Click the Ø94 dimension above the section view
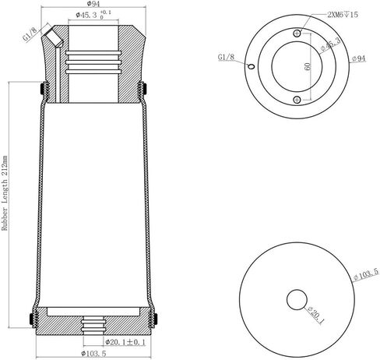[x=93, y=4]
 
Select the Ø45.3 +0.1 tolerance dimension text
[x=93, y=15]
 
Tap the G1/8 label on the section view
[x=30, y=34]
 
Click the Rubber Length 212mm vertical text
[x=5, y=193]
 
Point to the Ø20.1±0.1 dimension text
[x=125, y=342]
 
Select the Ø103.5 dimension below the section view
[x=93, y=354]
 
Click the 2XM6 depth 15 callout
[x=343, y=14]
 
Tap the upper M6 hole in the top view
[x=297, y=34]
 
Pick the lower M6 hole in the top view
[x=297, y=100]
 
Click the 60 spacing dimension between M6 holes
[x=308, y=66]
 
